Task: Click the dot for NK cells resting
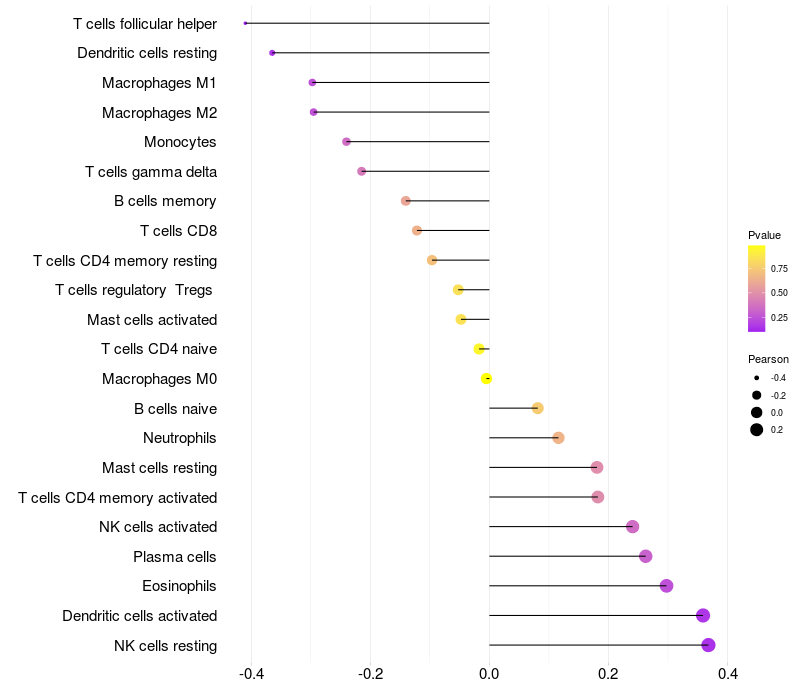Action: point(708,645)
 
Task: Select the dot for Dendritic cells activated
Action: point(703,616)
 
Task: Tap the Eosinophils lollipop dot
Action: point(666,586)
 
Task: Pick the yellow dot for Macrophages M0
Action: point(486,379)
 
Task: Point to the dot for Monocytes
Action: point(347,142)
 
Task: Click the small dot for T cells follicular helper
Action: point(245,23)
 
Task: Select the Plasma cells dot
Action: point(645,556)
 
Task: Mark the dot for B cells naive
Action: point(537,408)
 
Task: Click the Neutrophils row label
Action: point(180,438)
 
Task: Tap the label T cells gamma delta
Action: point(151,172)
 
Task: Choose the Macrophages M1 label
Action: point(159,83)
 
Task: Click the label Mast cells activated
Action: point(152,320)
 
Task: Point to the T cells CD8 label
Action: point(178,231)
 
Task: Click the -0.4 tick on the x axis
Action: point(251,675)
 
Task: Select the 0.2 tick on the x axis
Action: point(608,675)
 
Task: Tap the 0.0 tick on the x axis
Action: point(489,675)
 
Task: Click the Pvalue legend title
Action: point(764,235)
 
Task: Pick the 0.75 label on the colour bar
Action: point(779,268)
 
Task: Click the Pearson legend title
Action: point(768,359)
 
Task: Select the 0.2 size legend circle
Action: point(757,430)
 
